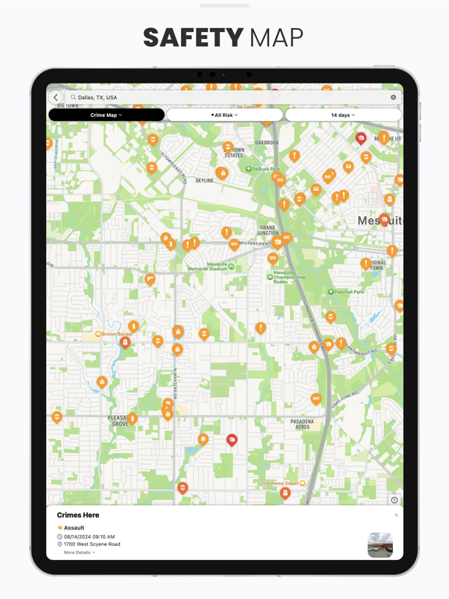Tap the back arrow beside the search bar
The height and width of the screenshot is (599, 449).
pos(56,97)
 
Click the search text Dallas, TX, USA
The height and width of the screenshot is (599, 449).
pos(97,97)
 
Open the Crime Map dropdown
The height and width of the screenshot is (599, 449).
pos(106,115)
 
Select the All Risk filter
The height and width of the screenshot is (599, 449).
pos(224,115)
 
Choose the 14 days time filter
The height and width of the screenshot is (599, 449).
pos(343,115)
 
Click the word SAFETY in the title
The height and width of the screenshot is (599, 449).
pos(193,37)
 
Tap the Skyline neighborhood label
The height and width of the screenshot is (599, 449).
pos(204,180)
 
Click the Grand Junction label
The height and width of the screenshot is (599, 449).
pos(268,230)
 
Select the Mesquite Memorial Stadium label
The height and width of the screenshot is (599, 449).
pos(207,268)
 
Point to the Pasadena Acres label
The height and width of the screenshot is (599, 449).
pos(302,424)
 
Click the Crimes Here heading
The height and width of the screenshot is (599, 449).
pos(78,515)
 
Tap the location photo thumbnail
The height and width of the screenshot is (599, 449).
pos(380,544)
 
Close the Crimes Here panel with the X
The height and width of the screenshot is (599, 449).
pos(396,515)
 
